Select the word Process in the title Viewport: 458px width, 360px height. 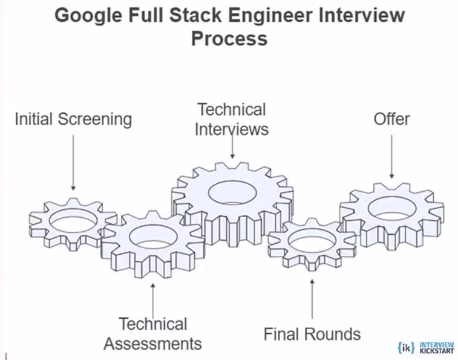coord(229,38)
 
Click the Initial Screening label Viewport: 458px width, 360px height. coord(73,119)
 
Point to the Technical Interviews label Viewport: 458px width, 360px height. coord(232,119)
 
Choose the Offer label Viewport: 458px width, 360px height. coord(391,119)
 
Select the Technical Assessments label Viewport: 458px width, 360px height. coord(152,333)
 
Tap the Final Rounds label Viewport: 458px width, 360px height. coord(312,333)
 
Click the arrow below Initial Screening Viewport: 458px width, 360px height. coord(73,161)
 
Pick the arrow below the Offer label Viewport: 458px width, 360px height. coord(391,155)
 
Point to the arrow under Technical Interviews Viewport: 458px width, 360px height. coord(232,145)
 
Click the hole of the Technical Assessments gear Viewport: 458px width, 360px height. coord(152,237)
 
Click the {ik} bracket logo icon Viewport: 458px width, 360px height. coord(406,347)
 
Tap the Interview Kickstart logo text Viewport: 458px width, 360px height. coord(436,347)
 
